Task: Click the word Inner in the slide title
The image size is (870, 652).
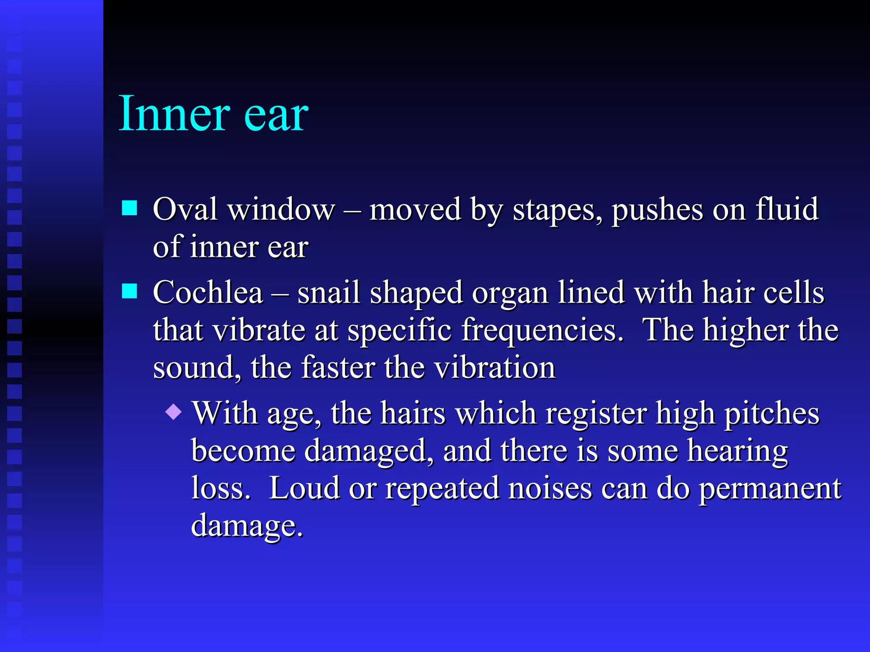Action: [x=174, y=114]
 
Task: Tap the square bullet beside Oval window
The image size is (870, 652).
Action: [x=130, y=208]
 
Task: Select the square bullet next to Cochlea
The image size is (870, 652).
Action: [x=130, y=292]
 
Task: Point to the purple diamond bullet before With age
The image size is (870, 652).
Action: [x=174, y=412]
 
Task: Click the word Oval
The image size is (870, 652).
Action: [x=185, y=209]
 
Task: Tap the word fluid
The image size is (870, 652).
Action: [x=787, y=209]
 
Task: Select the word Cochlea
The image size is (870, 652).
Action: [x=208, y=293]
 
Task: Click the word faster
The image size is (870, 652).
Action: [x=339, y=368]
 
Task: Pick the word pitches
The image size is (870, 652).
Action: [x=771, y=413]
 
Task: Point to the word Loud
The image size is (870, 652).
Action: [x=304, y=488]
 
